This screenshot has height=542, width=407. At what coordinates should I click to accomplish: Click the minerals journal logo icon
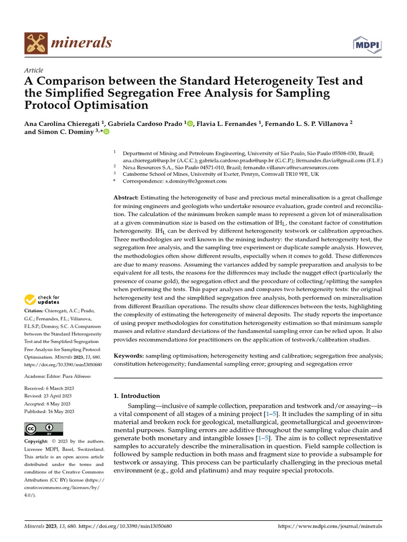[36, 42]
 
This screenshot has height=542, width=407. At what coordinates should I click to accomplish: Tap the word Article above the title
[34, 70]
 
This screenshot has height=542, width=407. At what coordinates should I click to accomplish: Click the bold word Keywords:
[129, 356]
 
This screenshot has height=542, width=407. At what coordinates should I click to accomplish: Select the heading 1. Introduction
[137, 396]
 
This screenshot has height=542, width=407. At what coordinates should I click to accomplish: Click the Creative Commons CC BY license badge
[44, 429]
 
